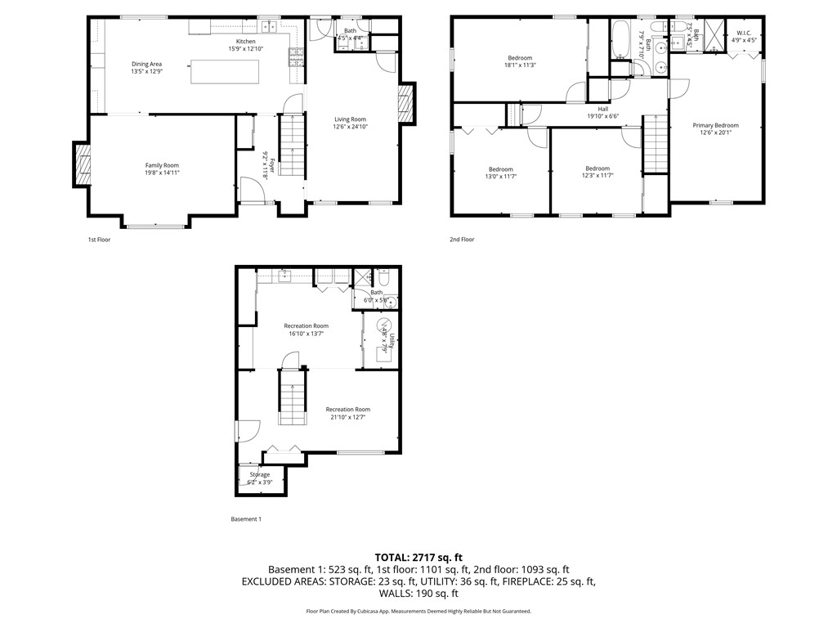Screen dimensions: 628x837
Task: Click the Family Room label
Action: click(162, 165)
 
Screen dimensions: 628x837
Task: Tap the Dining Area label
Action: click(147, 64)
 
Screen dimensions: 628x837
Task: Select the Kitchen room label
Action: click(246, 42)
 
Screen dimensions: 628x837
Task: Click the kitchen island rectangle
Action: click(226, 71)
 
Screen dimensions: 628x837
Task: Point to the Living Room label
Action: click(349, 119)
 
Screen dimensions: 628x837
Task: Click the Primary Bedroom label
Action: click(715, 125)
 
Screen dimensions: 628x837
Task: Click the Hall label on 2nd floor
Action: click(602, 109)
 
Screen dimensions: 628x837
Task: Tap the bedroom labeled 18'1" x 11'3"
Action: click(520, 58)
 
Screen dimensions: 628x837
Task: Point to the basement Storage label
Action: click(259, 474)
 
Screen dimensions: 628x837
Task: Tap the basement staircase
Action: click(292, 397)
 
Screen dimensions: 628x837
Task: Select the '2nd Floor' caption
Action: click(462, 240)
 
